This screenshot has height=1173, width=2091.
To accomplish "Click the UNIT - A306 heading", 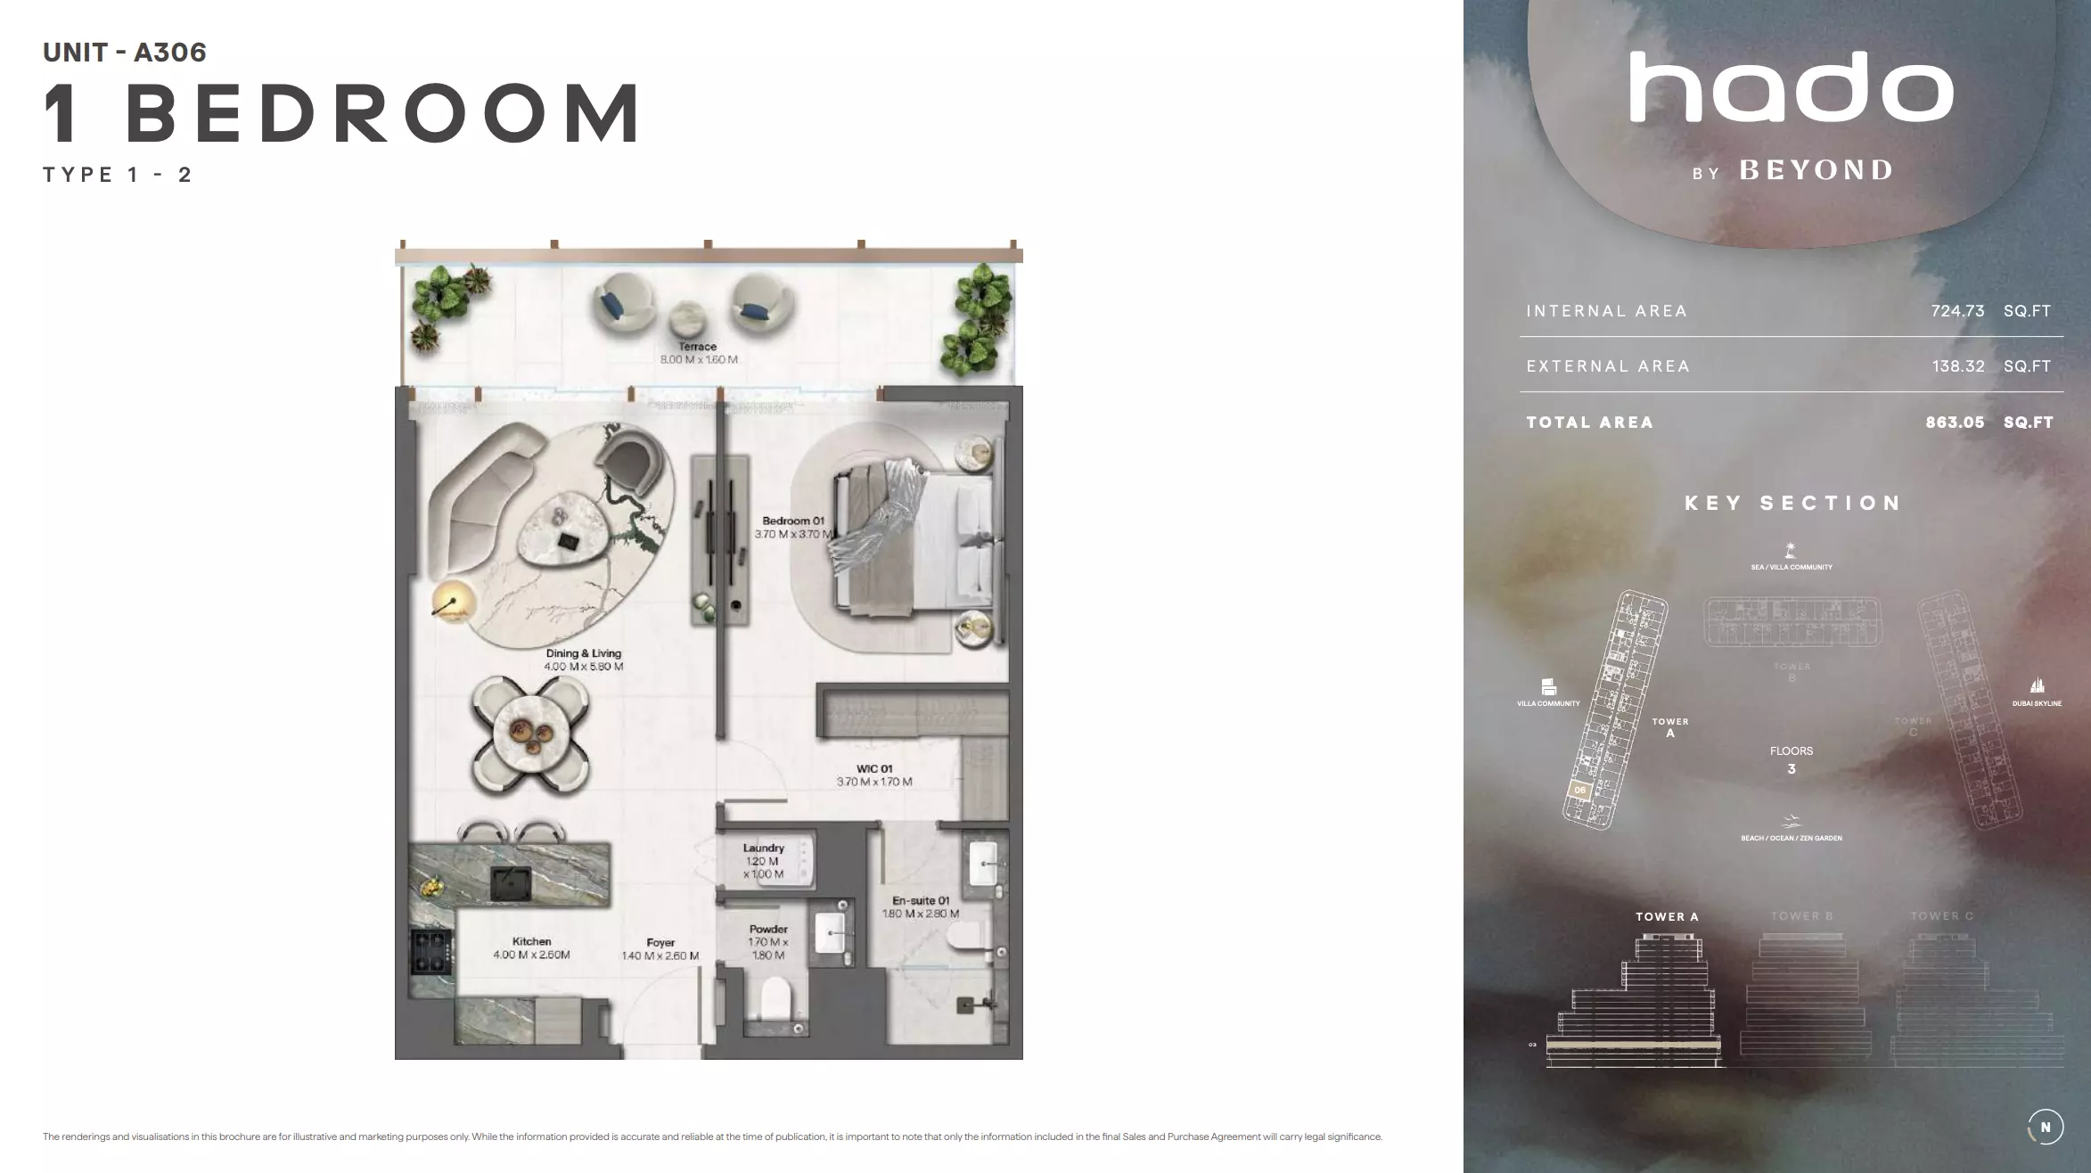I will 125,53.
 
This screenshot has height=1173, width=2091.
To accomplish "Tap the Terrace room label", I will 697,347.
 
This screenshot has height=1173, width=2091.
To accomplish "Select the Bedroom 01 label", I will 792,521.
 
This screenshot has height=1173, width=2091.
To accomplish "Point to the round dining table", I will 530,734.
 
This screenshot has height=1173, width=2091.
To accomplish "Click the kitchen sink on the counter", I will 511,883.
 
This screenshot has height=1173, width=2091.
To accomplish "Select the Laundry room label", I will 763,848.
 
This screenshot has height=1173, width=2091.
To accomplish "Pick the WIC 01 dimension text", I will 873,782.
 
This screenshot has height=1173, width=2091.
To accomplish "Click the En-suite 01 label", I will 920,900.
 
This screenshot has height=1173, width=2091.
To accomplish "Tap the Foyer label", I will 660,942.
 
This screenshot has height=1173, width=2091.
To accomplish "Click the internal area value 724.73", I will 1957,311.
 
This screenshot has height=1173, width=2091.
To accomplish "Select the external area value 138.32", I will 1957,366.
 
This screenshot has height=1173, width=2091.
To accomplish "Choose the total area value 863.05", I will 1954,422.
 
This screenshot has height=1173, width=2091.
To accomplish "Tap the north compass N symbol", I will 2045,1127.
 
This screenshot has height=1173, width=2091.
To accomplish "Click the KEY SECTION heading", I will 1792,503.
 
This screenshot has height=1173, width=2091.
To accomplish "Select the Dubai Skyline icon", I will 2037,685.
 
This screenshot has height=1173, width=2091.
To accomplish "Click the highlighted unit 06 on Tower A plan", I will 1579,790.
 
